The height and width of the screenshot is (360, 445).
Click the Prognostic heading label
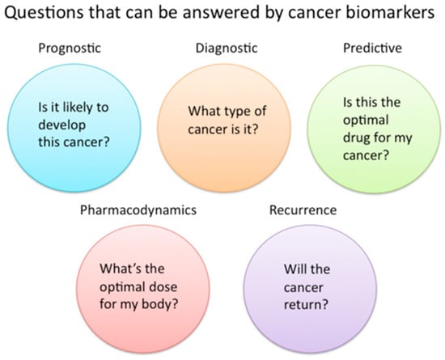70,49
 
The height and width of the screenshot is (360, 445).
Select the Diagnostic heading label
227,49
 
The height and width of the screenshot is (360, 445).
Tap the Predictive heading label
372,48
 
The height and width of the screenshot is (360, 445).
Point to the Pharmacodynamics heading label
138,210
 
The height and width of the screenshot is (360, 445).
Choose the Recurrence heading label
303,210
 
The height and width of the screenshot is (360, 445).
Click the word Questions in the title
44,13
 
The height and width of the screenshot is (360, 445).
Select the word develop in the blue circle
61,125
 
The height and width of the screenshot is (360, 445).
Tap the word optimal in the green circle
366,121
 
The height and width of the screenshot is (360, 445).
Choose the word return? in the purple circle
306,305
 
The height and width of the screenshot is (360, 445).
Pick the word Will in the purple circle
295,269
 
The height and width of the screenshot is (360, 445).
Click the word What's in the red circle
119,269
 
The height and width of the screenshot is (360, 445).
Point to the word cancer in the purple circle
303,288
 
